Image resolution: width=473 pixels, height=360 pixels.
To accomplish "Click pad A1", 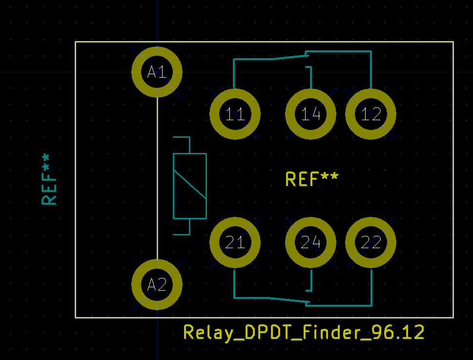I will tap(157, 72).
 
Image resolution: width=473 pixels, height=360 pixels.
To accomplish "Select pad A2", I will tap(157, 284).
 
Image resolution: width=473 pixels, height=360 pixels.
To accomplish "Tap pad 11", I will tap(235, 114).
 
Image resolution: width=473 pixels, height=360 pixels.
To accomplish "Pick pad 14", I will tap(311, 114).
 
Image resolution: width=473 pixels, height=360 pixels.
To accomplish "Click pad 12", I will tap(371, 114).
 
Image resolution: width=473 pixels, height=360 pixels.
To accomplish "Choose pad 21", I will tap(235, 242).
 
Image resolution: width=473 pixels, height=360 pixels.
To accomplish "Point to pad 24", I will tap(311, 242).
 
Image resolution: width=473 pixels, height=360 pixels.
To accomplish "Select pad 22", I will tap(371, 242).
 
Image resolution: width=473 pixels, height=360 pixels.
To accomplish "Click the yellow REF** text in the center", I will tap(311, 179).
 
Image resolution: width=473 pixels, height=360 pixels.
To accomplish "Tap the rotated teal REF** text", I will tap(49, 179).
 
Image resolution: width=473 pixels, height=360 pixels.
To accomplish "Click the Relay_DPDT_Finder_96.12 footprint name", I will tap(304, 333).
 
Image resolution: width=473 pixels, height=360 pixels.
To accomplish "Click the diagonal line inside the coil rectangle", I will tap(190, 185).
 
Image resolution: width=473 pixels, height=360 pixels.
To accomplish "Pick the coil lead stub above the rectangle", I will tap(189, 146).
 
